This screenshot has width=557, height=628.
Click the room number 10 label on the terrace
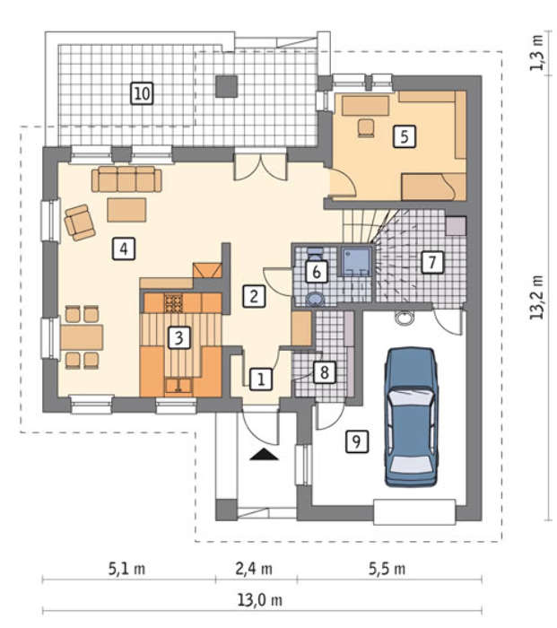142,93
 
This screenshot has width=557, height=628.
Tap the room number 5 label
405,136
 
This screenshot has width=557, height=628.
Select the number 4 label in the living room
124,249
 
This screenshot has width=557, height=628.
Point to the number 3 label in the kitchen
178,337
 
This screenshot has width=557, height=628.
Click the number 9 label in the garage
356,441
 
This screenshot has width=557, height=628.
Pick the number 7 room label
432,262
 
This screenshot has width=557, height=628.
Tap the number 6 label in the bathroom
317,272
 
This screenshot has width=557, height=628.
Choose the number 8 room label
325,372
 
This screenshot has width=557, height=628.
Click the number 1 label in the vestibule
261,379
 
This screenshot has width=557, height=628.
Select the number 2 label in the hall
254,296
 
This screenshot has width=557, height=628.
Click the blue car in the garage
411,416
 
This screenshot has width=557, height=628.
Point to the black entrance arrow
264,455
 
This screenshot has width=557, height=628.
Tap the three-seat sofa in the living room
126,179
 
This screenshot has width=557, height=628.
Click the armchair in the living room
80,222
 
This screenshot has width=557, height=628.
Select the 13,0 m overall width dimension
260,600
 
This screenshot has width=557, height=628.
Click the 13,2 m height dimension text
536,297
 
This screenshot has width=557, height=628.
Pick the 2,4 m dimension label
254,569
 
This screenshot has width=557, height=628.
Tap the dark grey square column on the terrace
227,86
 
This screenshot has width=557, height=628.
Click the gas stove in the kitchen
173,303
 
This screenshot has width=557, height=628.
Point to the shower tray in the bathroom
356,261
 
